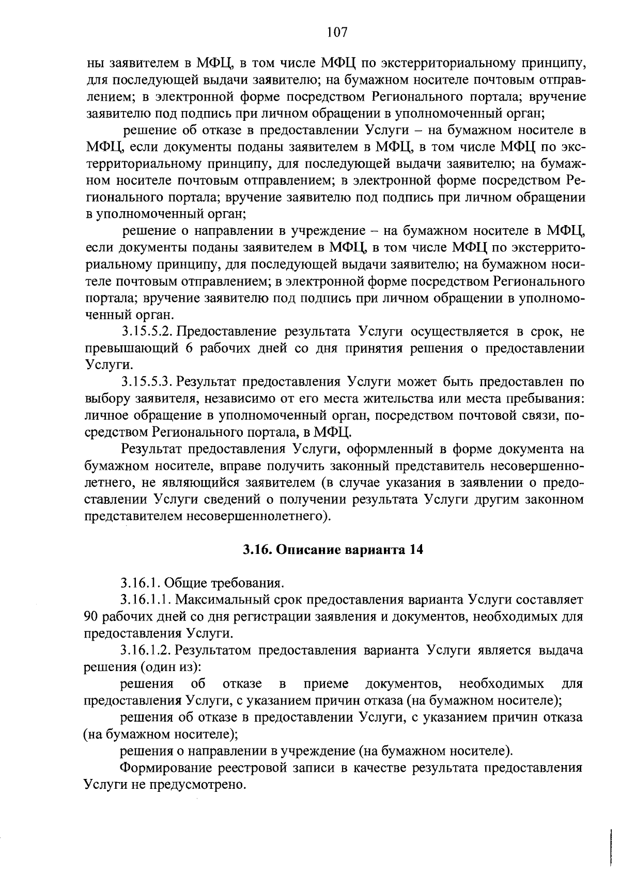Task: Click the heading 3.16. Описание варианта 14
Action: [333, 550]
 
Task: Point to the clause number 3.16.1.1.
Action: [146, 599]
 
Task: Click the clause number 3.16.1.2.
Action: [146, 650]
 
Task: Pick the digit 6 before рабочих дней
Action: [189, 348]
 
